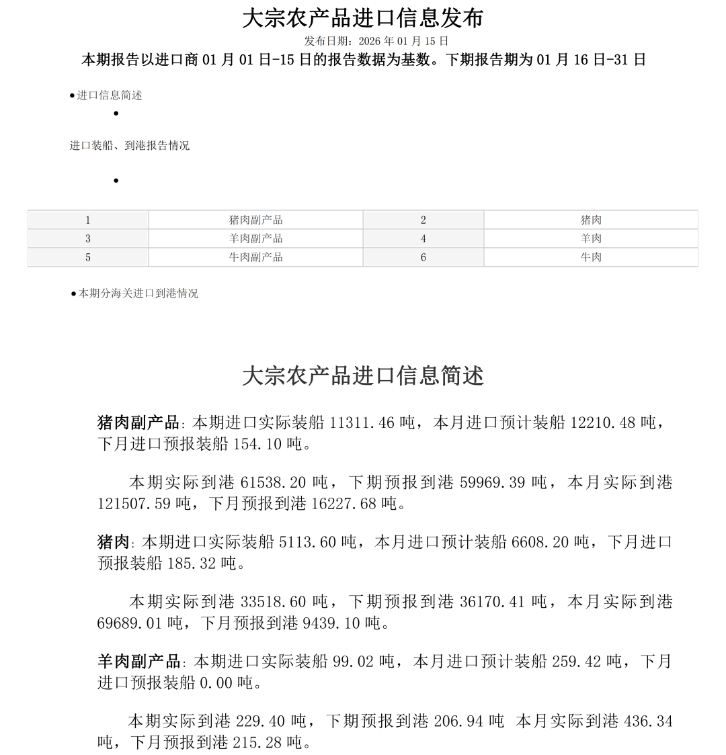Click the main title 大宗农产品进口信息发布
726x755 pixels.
coord(362,18)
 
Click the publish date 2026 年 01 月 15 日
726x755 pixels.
coord(403,41)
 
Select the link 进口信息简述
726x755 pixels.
coord(109,95)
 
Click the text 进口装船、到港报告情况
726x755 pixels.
coord(130,146)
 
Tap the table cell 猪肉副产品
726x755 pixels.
coord(255,220)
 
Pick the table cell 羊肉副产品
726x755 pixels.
coord(255,238)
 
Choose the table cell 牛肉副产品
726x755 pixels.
coord(255,257)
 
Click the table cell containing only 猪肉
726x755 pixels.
coord(591,220)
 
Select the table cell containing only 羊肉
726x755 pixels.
coord(591,238)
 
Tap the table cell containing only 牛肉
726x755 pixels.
coord(591,257)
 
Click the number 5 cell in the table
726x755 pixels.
coord(88,257)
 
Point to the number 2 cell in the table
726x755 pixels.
coord(424,220)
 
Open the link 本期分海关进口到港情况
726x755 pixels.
coord(138,294)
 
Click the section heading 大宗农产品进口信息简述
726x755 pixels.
coord(362,376)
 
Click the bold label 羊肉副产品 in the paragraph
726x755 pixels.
coord(138,662)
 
